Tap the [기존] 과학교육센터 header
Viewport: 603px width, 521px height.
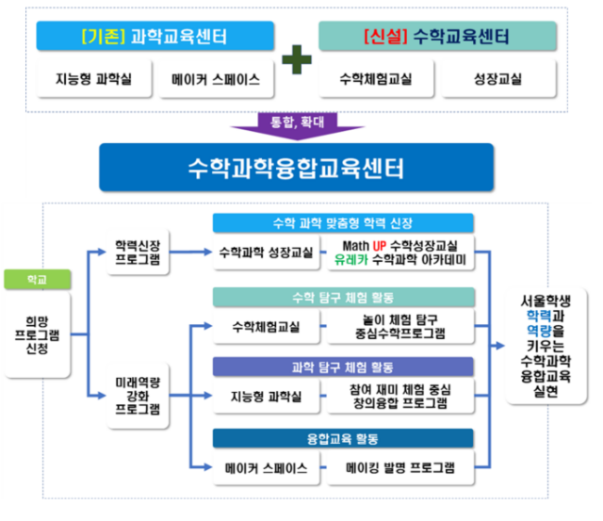point(155,37)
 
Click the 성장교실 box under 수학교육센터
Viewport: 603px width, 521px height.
point(498,80)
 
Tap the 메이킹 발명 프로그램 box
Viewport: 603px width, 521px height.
point(400,467)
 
